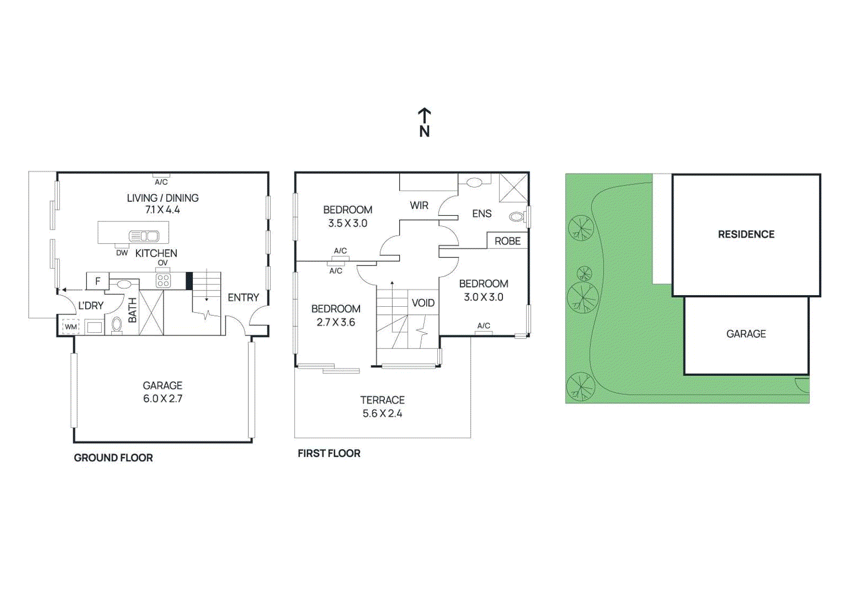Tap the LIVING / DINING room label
tap(163, 198)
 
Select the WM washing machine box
tap(71, 326)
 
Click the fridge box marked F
tap(97, 281)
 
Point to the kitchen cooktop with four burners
tap(163, 281)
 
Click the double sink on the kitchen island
tap(144, 236)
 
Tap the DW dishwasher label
tap(122, 253)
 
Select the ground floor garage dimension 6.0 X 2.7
tap(163, 398)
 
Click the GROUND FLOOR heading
tap(113, 458)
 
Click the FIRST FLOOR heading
tap(329, 454)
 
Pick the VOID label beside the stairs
tap(423, 303)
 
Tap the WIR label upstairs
tap(419, 206)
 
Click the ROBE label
tap(507, 241)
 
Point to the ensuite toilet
tap(517, 217)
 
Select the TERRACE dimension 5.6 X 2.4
tap(382, 413)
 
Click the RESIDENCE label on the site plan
tap(746, 234)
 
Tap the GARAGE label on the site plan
tap(746, 334)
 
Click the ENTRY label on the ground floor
tap(243, 298)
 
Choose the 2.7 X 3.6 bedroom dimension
tap(336, 322)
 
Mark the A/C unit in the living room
tap(161, 175)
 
